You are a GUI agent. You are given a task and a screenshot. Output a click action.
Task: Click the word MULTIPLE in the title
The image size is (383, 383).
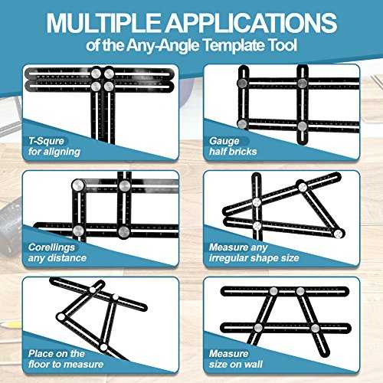click(104, 23)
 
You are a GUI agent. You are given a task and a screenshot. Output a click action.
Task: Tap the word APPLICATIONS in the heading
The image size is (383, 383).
click(252, 23)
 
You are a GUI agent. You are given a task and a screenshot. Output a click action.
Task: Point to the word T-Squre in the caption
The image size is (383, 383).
click(46, 141)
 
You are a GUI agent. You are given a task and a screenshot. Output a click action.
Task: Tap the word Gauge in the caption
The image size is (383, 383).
click(224, 141)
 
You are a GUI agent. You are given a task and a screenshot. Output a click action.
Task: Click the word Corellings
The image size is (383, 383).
click(51, 247)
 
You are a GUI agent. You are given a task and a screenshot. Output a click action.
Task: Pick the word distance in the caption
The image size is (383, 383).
click(67, 258)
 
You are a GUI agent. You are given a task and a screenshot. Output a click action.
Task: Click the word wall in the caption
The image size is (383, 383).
click(254, 364)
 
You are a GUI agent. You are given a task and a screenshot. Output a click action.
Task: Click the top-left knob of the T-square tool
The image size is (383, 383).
click(96, 74)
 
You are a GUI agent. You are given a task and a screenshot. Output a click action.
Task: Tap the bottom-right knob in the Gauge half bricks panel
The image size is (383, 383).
click(302, 126)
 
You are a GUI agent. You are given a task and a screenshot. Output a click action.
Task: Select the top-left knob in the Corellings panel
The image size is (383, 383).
click(78, 185)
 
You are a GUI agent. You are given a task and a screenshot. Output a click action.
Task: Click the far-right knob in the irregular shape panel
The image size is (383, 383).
click(339, 234)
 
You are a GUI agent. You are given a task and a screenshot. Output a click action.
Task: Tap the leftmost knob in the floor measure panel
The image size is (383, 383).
click(61, 317)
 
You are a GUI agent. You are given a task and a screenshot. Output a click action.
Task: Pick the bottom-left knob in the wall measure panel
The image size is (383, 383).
click(258, 328)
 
